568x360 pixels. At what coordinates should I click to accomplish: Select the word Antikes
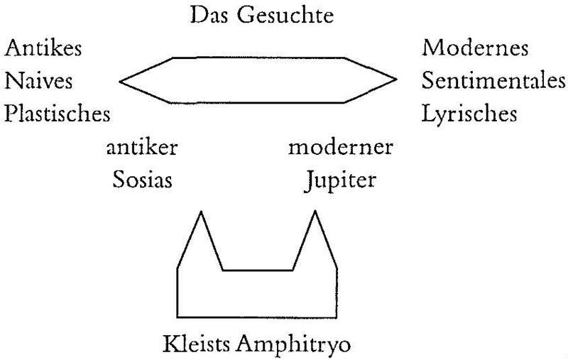43,49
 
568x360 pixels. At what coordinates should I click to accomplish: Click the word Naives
39,81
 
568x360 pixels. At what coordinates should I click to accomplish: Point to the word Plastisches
58,114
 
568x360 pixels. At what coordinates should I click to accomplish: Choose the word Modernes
475,49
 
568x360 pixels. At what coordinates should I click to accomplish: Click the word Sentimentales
494,81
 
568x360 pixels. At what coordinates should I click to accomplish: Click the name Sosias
142,180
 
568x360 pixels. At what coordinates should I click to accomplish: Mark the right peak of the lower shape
314,212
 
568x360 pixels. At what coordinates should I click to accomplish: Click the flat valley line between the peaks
258,270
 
